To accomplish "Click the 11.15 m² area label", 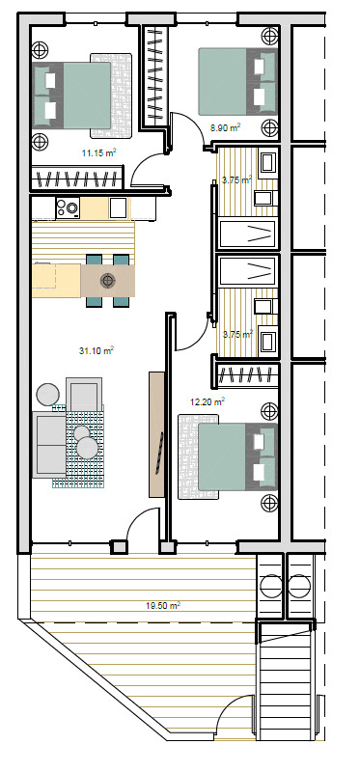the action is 99,152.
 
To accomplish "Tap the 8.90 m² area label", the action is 225,128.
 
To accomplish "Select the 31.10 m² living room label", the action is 97,350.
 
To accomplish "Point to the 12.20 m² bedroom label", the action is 208,401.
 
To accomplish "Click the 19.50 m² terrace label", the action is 163,606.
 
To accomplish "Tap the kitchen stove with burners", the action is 68,207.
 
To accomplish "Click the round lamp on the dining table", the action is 107,281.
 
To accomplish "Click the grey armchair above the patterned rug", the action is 84,394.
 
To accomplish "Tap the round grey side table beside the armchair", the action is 48,395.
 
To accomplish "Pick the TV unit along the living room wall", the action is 156,434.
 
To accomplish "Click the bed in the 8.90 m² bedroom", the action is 237,81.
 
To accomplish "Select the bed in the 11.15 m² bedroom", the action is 71,95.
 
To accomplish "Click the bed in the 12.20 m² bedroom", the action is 237,456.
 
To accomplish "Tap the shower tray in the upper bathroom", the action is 247,234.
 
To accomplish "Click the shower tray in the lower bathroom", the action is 247,270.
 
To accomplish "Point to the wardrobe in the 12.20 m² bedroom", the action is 248,375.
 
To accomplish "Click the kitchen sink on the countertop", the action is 118,207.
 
